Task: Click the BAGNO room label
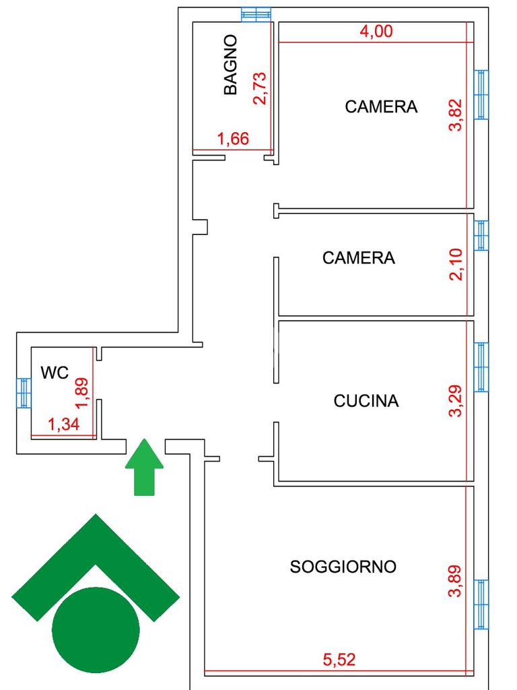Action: tap(231, 65)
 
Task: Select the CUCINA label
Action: tap(366, 401)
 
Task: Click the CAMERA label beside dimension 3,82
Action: tap(381, 106)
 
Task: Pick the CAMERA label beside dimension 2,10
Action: tap(359, 257)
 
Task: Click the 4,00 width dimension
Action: tap(376, 32)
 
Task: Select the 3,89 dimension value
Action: tap(456, 582)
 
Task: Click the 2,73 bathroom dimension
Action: tap(260, 88)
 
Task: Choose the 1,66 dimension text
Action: tap(234, 139)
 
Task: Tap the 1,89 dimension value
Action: tap(83, 392)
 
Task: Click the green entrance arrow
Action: tap(144, 466)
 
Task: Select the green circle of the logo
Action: tap(96, 629)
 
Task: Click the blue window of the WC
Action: tap(24, 393)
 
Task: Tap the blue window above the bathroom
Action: tap(257, 13)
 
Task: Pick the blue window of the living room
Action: tap(481, 604)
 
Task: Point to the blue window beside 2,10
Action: tap(481, 235)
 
